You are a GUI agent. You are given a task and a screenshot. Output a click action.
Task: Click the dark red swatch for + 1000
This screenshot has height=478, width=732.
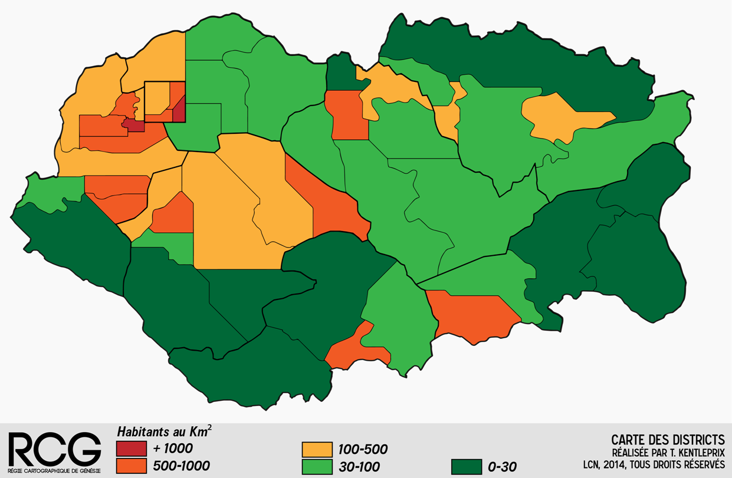point(130,449)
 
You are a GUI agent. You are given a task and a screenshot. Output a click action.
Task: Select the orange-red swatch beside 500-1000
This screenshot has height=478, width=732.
point(130,466)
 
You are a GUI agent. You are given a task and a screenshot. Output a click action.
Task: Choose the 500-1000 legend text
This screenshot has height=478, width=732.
point(181,466)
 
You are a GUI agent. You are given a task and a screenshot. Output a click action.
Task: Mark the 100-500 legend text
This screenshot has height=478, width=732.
point(363,450)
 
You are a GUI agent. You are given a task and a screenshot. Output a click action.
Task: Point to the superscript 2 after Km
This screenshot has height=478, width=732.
point(209,428)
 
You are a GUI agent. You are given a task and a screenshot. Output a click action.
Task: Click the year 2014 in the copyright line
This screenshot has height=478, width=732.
point(619,464)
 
